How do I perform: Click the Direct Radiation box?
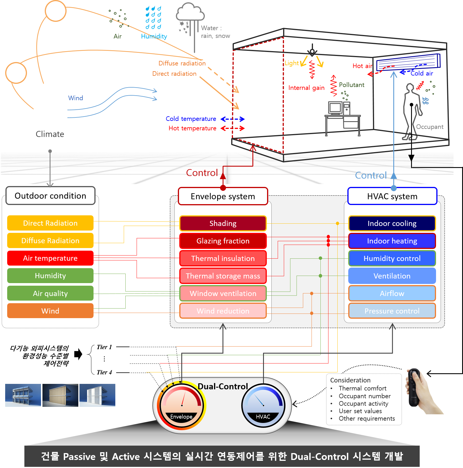pos(50,223)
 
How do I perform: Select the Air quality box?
pos(50,293)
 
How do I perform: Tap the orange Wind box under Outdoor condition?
pos(50,311)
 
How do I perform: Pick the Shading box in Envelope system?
pos(223,223)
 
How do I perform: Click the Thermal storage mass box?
pos(223,276)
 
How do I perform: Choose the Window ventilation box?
pos(223,293)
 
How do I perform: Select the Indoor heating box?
pos(392,241)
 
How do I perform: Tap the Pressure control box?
pos(392,311)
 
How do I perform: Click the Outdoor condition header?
pos(50,196)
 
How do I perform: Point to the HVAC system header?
pos(392,196)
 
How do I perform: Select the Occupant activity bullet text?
pos(363,404)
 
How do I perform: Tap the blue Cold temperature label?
pos(191,119)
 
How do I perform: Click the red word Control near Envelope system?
pos(202,173)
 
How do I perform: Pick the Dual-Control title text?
pos(223,386)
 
